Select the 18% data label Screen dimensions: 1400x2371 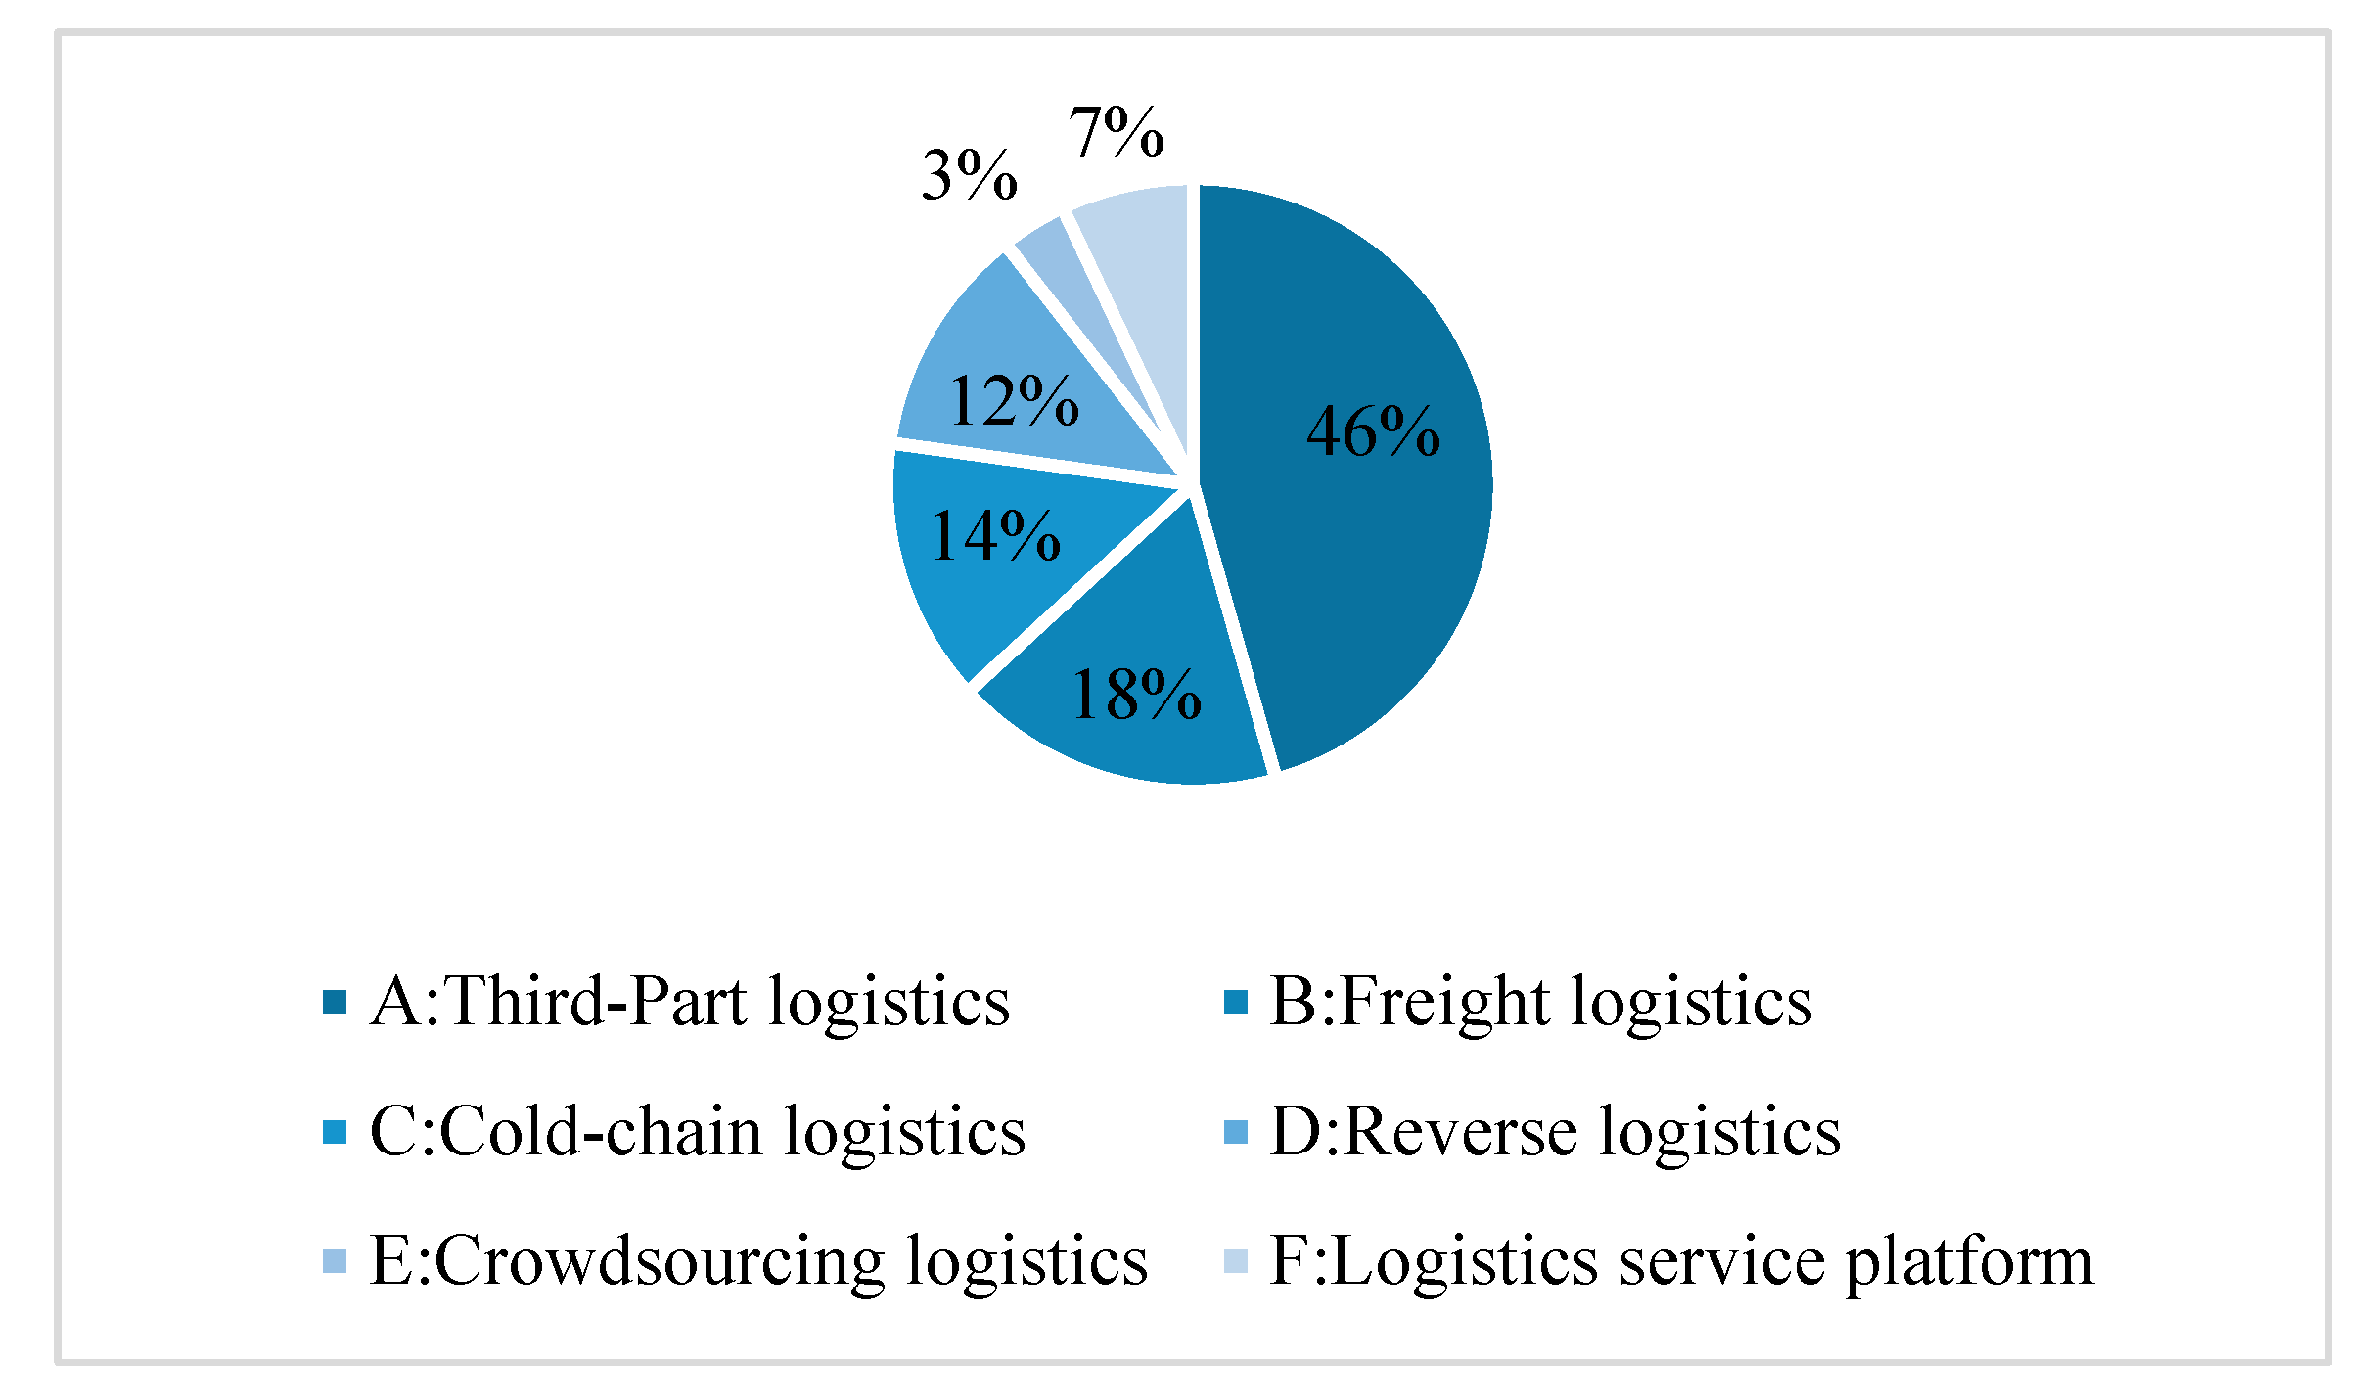coord(1136,696)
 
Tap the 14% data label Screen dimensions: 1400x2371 coord(995,536)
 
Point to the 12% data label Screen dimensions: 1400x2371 coord(1014,401)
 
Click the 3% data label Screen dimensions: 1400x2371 coord(969,177)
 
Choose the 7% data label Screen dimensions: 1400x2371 coord(1116,132)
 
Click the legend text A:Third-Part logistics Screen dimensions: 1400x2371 coord(690,1002)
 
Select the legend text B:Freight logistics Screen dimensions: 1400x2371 coord(1540,1002)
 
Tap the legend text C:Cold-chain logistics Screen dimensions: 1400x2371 coord(698,1132)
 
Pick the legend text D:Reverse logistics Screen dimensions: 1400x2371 coord(1555,1132)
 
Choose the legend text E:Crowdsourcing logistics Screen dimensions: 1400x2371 coord(758,1261)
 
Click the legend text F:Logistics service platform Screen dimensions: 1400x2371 coord(1681,1261)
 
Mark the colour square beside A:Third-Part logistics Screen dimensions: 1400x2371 coord(335,1003)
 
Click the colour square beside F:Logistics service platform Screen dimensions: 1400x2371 coord(1236,1262)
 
